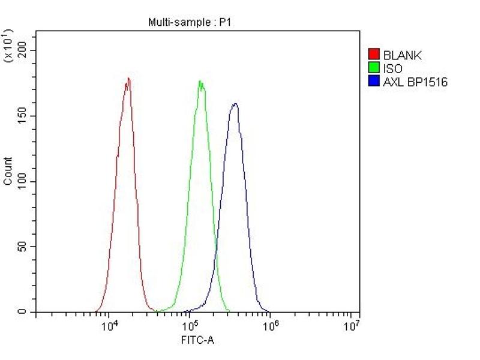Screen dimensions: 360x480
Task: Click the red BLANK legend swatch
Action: point(374,55)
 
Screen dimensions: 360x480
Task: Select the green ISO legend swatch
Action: point(374,68)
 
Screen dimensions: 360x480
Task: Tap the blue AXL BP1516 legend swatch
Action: point(374,82)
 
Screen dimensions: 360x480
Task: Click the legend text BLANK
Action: point(402,56)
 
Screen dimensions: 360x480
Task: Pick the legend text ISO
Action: point(392,69)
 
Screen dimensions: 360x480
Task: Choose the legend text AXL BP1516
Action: point(415,82)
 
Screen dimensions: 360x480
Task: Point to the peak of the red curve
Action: point(128,79)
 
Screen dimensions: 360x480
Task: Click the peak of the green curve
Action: point(200,82)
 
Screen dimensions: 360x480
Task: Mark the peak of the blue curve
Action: point(235,104)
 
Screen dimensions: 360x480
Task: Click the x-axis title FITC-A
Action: point(197,341)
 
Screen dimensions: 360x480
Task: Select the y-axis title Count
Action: point(8,170)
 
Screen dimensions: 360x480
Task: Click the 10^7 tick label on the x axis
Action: point(352,326)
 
